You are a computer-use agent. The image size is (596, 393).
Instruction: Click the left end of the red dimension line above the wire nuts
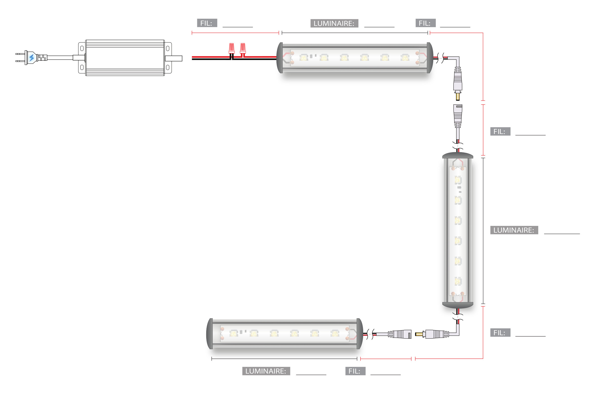pyautogui.click(x=192, y=33)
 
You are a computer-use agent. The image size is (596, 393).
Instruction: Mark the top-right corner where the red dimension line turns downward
pyautogui.click(x=483, y=33)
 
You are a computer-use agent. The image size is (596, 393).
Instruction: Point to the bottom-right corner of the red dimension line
pyautogui.click(x=483, y=359)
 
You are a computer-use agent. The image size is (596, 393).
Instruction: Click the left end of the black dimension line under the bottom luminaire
pyautogui.click(x=212, y=359)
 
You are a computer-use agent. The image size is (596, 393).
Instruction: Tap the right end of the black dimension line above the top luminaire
pyautogui.click(x=428, y=33)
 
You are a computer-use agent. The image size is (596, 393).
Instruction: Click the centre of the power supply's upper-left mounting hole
pyautogui.click(x=82, y=48)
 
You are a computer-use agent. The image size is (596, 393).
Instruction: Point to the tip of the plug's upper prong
pyautogui.click(x=16, y=54)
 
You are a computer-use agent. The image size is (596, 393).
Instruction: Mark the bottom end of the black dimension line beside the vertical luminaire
pyautogui.click(x=483, y=304)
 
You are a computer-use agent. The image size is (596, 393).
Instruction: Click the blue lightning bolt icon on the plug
pyautogui.click(x=31, y=58)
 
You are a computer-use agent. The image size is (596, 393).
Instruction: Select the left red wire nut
pyautogui.click(x=232, y=48)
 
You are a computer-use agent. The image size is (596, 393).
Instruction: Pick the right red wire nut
pyautogui.click(x=243, y=48)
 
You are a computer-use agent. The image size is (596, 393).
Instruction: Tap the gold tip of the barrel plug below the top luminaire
pyautogui.click(x=458, y=96)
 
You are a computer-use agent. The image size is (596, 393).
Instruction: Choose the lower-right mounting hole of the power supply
pyautogui.click(x=168, y=67)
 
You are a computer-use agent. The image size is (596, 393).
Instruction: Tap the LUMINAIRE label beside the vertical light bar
pyautogui.click(x=514, y=230)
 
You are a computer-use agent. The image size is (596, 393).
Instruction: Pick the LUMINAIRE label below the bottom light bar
pyautogui.click(x=266, y=371)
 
